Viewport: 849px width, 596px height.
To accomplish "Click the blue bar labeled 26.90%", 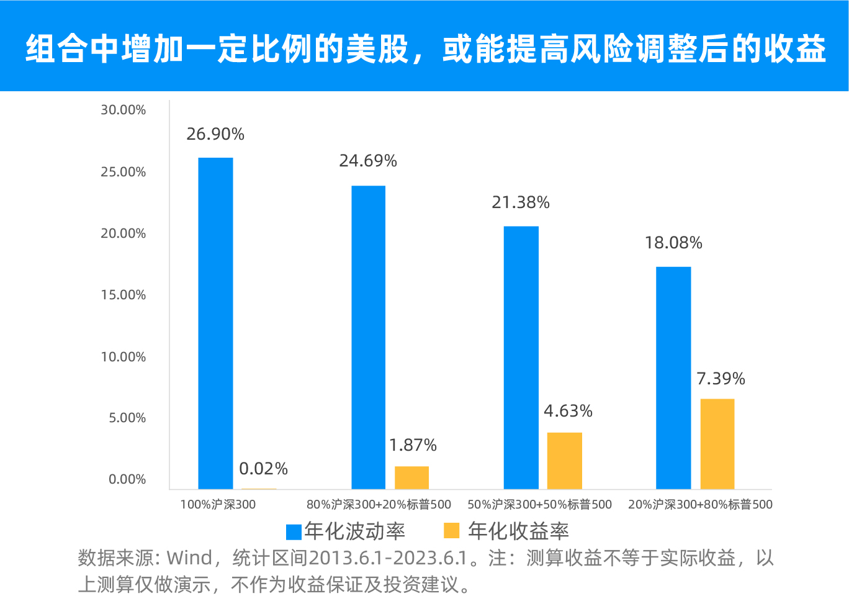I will coord(215,323).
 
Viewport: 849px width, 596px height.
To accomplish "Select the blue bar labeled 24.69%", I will coord(368,337).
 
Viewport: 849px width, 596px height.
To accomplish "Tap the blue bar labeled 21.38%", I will coord(521,357).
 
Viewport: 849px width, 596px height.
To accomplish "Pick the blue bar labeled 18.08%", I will coord(673,377).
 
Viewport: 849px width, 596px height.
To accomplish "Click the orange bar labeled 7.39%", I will coord(717,443).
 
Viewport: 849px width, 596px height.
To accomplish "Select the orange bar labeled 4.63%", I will coord(564,460).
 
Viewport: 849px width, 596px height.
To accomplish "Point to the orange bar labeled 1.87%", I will coord(411,477).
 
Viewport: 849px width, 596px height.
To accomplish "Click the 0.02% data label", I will coord(263,469).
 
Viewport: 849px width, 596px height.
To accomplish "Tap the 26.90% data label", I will coord(215,134).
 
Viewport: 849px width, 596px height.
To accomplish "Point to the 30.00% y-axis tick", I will coord(124,110).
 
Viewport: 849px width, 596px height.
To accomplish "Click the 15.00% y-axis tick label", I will coord(124,295).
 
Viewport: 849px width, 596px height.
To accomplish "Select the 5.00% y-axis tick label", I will coord(127,418).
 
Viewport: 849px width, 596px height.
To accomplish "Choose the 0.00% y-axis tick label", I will coord(127,479).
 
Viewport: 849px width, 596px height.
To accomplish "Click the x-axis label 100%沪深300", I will coord(218,505).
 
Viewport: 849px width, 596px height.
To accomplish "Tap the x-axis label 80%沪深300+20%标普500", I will coord(379,505).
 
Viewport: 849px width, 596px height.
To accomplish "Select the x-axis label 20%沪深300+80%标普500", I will coord(700,505).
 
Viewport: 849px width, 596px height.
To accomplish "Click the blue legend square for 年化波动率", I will coord(294,532).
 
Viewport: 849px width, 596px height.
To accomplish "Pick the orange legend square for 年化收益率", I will coord(451,531).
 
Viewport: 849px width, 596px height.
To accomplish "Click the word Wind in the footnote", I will coord(189,558).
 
